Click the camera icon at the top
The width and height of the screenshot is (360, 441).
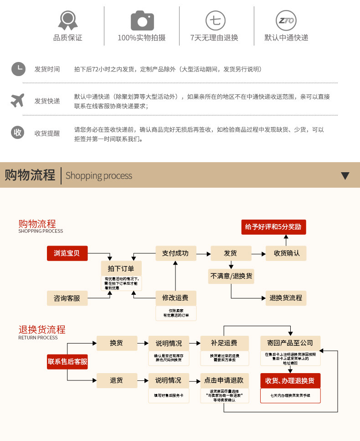point(142,21)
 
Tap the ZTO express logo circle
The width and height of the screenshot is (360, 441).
point(286,21)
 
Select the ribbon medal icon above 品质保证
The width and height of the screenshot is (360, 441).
point(68,20)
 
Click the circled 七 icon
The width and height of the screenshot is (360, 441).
point(214,21)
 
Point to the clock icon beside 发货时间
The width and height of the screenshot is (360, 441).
point(18,69)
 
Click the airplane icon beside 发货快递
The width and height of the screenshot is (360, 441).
point(17,100)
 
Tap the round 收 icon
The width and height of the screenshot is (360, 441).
point(18,133)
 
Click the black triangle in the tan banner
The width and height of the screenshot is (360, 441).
point(345,176)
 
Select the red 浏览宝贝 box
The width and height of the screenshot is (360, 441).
point(67,253)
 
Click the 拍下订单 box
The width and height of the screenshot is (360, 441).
point(121,268)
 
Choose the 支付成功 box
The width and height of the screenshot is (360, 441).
point(175,253)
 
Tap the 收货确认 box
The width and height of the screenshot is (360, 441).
point(287,253)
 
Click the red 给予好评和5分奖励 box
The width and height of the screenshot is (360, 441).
point(273,227)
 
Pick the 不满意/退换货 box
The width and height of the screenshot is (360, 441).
point(231,276)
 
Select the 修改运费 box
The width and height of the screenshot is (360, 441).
point(175,298)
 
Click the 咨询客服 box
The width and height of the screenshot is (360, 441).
point(67,298)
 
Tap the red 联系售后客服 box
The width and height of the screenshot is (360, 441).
point(67,362)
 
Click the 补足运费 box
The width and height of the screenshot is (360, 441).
point(224,343)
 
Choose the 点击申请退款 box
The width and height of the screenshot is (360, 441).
point(224,380)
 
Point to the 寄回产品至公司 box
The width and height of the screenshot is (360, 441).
point(290,343)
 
